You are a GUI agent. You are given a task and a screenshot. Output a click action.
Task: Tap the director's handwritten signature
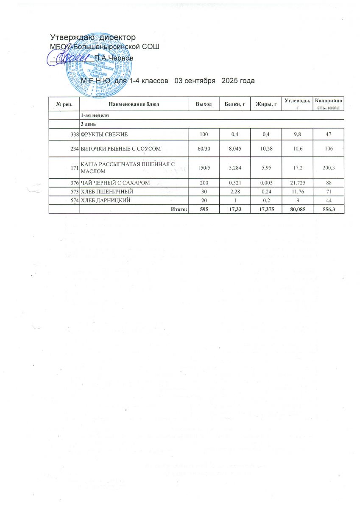pos(70,58)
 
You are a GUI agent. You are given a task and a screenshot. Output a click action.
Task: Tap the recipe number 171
pos(75,168)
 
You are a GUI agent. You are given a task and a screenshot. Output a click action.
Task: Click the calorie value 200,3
pos(328,168)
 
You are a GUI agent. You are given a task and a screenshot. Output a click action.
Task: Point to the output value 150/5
pos(204,168)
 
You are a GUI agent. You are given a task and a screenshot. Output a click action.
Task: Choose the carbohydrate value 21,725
pos(297,183)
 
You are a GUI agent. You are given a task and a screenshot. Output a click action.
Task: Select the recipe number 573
pos(75,192)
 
